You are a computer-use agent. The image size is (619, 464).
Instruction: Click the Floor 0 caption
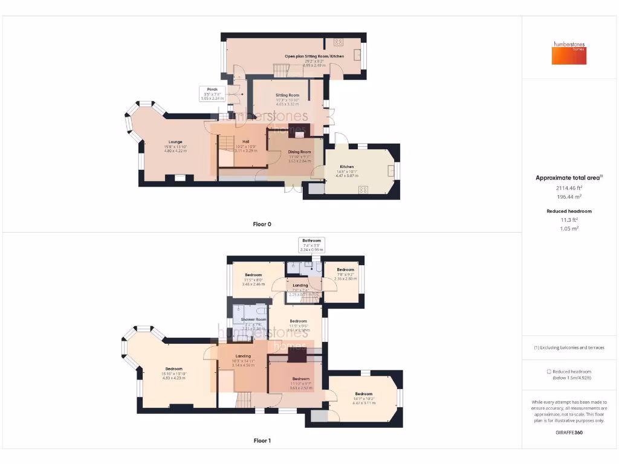click(262, 224)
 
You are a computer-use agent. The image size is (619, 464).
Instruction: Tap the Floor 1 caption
click(262, 441)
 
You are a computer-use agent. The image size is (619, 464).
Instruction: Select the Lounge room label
click(175, 142)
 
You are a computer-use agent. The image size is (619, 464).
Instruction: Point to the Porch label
click(212, 89)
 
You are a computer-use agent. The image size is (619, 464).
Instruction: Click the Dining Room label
click(299, 152)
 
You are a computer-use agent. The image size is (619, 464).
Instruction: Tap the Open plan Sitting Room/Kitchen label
click(314, 56)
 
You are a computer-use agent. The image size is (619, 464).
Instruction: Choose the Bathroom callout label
click(312, 240)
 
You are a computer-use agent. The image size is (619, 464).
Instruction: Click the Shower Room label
click(253, 319)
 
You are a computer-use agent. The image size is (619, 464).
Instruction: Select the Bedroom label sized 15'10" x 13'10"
click(174, 369)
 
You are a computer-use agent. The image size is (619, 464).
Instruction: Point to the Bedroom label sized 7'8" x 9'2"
click(345, 269)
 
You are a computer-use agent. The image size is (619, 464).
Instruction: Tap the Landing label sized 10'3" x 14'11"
click(243, 356)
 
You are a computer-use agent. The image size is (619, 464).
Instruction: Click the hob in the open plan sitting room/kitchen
click(338, 42)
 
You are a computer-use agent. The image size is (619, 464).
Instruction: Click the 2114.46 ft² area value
click(569, 188)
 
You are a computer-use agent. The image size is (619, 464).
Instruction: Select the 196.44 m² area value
click(569, 197)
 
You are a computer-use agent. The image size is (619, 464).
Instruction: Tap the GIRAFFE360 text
click(569, 433)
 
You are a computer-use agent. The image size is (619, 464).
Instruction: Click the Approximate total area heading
click(569, 178)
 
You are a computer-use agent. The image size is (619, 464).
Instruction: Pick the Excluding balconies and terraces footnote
click(569, 348)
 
